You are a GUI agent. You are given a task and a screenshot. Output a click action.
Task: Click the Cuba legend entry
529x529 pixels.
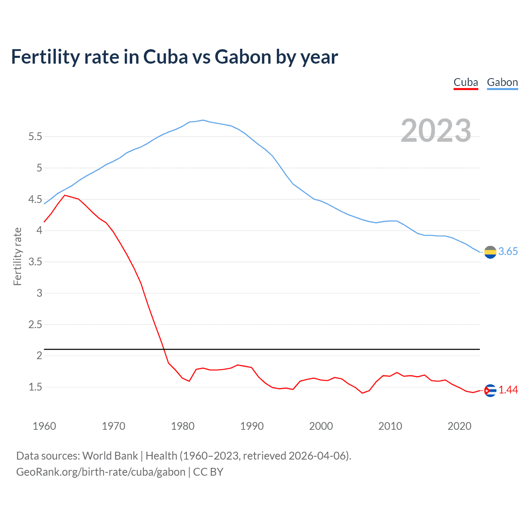(x=466, y=82)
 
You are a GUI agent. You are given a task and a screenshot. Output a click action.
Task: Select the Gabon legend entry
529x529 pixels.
(x=502, y=82)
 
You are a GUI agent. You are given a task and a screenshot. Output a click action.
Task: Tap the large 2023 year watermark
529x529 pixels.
(x=436, y=131)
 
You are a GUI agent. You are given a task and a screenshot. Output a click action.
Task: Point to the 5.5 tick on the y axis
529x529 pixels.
(x=35, y=137)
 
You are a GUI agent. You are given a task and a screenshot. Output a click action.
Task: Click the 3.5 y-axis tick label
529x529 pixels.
(x=35, y=262)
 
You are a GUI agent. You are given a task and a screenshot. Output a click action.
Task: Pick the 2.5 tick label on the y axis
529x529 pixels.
(x=35, y=325)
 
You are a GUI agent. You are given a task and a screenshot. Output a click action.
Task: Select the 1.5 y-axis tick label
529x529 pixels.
(x=35, y=387)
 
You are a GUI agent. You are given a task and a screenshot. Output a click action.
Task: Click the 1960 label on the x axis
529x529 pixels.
(x=44, y=426)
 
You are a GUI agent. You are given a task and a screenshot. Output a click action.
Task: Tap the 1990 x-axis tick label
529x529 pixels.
(x=252, y=426)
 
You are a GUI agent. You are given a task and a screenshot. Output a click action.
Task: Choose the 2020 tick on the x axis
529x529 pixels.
(x=459, y=426)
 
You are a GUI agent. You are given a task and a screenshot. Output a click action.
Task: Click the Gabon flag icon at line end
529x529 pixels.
(x=490, y=252)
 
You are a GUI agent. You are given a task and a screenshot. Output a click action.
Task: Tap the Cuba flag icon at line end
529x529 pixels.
(x=490, y=390)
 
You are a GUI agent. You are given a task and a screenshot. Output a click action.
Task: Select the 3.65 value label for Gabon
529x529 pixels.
(x=508, y=252)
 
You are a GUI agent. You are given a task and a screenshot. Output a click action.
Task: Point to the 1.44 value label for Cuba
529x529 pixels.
(x=508, y=390)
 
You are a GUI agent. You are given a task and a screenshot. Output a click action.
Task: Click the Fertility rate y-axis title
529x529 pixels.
(x=17, y=256)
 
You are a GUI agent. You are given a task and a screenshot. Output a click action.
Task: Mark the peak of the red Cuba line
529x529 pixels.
(x=65, y=195)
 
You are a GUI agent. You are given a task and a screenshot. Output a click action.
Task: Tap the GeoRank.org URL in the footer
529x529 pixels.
(x=101, y=472)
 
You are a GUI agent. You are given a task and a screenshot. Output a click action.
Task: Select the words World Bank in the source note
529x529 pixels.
(x=110, y=456)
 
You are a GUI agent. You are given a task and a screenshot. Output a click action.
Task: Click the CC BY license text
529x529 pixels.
(x=208, y=472)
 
